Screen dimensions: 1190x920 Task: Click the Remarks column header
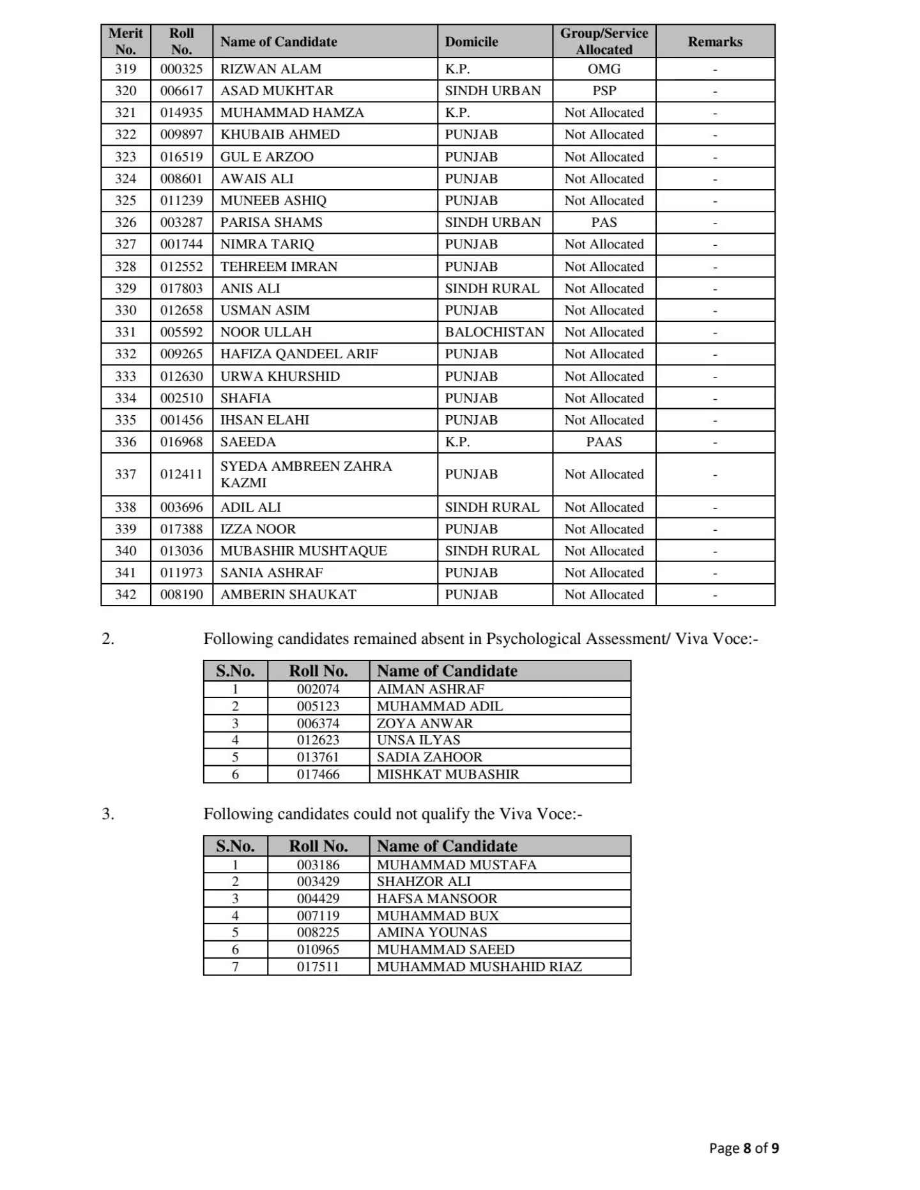[714, 42]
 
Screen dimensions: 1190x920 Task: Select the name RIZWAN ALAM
[271, 69]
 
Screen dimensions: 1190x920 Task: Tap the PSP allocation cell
[604, 91]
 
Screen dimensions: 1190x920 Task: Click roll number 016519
[181, 157]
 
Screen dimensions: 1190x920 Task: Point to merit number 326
[125, 222]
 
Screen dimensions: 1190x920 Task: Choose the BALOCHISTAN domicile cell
[494, 332]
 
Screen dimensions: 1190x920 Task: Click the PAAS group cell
[604, 442]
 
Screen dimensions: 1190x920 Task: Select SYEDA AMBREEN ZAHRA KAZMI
[306, 475]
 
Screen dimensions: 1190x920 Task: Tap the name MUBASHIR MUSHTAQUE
[303, 551]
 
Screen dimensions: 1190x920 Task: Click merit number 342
[125, 595]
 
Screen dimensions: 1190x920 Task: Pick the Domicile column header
[471, 42]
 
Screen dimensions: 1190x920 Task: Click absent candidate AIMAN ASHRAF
[430, 689]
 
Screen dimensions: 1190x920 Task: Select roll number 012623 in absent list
[318, 740]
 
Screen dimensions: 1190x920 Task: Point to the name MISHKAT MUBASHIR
[448, 775]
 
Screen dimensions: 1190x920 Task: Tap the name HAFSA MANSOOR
[437, 899]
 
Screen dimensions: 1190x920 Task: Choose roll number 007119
[318, 916]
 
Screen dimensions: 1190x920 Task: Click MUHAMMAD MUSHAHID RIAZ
[479, 967]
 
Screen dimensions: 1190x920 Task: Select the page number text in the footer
[744, 1148]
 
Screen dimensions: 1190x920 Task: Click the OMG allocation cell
[604, 69]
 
